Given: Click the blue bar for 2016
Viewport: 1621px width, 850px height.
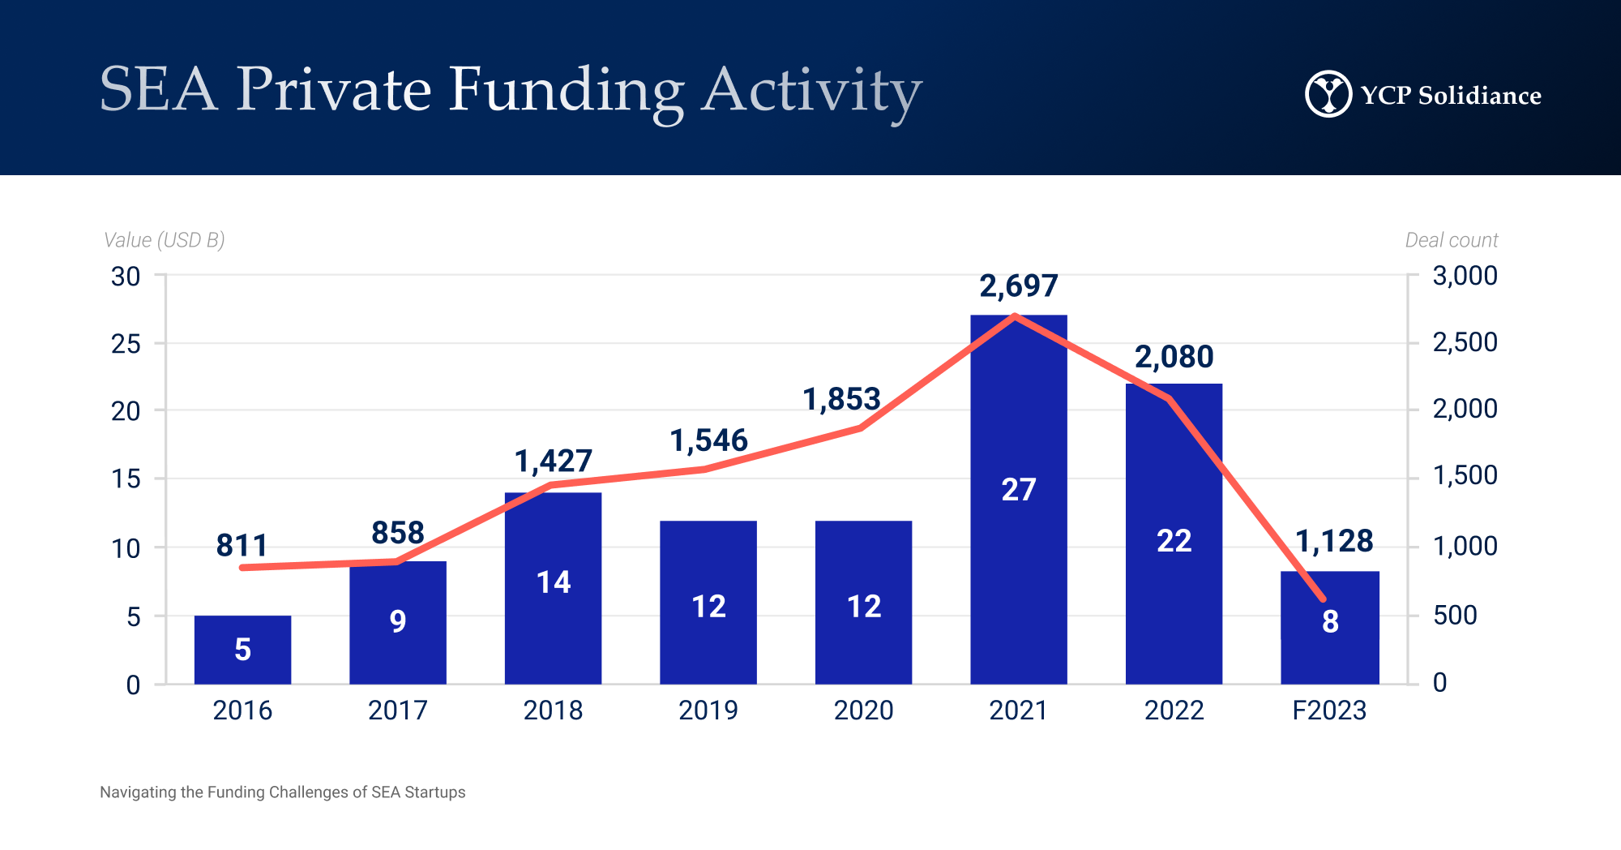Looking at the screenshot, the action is [242, 649].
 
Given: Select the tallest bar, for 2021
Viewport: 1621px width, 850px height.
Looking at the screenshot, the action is [1019, 499].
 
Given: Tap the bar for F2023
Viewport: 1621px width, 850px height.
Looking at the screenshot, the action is [1330, 627].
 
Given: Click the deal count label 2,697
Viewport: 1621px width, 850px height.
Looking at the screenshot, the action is [1019, 285].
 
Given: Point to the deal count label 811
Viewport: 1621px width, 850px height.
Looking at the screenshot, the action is [242, 545].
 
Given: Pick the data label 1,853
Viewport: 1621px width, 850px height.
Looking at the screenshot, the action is [841, 399].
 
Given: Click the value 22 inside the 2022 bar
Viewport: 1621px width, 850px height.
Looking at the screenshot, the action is [1174, 541].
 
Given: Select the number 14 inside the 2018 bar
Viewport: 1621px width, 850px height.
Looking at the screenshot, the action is [554, 582].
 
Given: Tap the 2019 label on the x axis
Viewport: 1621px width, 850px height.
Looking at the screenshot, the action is [708, 710].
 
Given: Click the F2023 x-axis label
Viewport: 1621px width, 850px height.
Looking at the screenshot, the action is [1329, 710].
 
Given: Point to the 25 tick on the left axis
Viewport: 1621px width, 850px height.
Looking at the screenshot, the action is [126, 344].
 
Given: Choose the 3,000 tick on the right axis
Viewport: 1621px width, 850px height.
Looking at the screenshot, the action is [1465, 276].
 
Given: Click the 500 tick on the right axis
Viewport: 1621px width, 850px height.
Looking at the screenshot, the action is [1455, 615].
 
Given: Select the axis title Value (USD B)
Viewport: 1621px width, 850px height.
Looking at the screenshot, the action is [164, 240].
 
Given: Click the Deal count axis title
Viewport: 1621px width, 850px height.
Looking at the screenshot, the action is [1451, 240].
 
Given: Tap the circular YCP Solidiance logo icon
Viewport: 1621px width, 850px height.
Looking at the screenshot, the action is [1328, 94].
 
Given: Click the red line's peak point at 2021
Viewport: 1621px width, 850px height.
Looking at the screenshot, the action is [1016, 316].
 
